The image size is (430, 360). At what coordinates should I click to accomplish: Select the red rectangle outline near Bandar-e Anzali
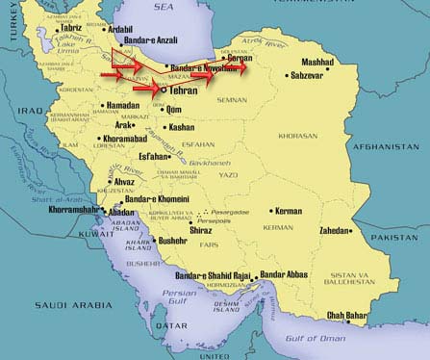pyautogui.click(x=122, y=56)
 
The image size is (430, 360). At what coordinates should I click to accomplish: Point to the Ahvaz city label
pyautogui.click(x=99, y=181)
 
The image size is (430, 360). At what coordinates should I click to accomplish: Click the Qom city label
pyautogui.click(x=176, y=110)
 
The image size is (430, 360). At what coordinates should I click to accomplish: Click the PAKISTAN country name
pyautogui.click(x=397, y=236)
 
